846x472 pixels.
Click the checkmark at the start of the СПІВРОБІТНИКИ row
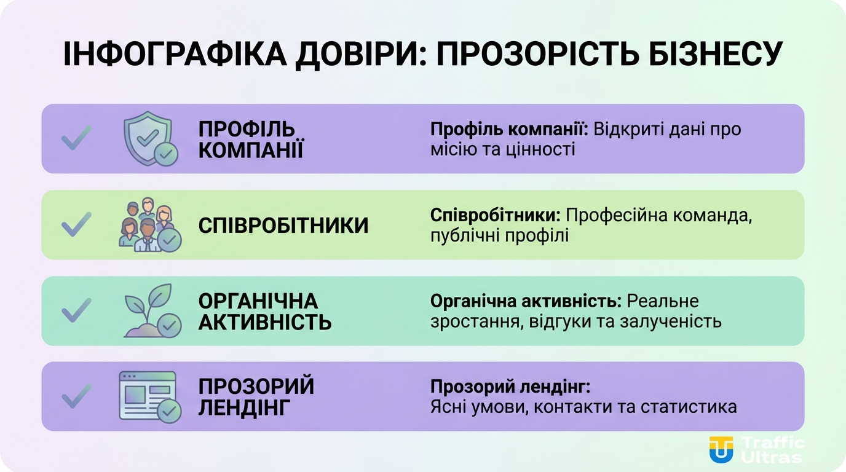pyautogui.click(x=76, y=225)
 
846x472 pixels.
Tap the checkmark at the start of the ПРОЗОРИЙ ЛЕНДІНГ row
pyautogui.click(x=76, y=396)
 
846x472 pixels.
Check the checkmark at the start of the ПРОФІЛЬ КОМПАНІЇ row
pyautogui.click(x=76, y=138)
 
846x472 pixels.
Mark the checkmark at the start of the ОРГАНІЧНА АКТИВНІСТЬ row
pyautogui.click(x=76, y=310)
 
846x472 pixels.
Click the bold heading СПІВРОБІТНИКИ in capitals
pyautogui.click(x=283, y=226)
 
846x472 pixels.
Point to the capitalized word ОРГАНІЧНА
pyautogui.click(x=258, y=301)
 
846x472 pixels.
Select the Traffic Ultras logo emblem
pyautogui.click(x=721, y=450)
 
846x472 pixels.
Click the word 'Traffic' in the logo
pyautogui.click(x=773, y=443)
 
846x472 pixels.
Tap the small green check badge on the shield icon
pyautogui.click(x=165, y=154)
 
